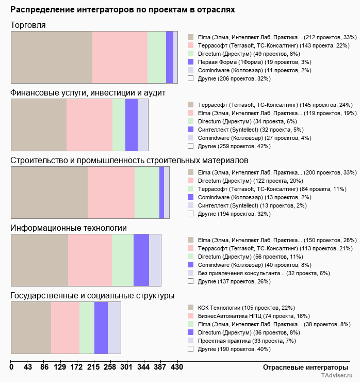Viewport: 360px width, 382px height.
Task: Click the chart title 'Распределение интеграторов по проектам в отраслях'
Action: (122, 10)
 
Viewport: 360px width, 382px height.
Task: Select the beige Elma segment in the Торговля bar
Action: (52, 57)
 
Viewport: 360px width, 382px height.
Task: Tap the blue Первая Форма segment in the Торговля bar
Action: (170, 57)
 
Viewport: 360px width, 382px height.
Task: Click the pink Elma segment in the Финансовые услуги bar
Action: (90, 125)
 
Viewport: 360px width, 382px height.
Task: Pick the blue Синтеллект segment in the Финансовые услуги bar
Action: (132, 125)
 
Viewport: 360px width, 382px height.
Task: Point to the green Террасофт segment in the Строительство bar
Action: (147, 193)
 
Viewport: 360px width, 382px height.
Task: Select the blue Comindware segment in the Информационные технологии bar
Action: (141, 260)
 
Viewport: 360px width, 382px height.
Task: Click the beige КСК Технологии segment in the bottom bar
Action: (31, 328)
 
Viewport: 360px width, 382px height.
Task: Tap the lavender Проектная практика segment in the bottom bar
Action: (114, 328)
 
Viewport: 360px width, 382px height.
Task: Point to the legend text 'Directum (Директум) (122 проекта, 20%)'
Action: (251, 181)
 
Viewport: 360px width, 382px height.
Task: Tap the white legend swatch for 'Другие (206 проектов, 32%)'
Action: (191, 78)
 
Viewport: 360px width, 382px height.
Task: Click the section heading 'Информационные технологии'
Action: (69, 228)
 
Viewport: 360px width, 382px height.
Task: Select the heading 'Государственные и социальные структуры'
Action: (92, 296)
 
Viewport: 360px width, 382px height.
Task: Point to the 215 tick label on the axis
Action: (93, 367)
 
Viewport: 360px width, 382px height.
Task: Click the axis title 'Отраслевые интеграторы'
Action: (305, 368)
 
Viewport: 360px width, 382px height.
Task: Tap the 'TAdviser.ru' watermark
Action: (337, 375)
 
